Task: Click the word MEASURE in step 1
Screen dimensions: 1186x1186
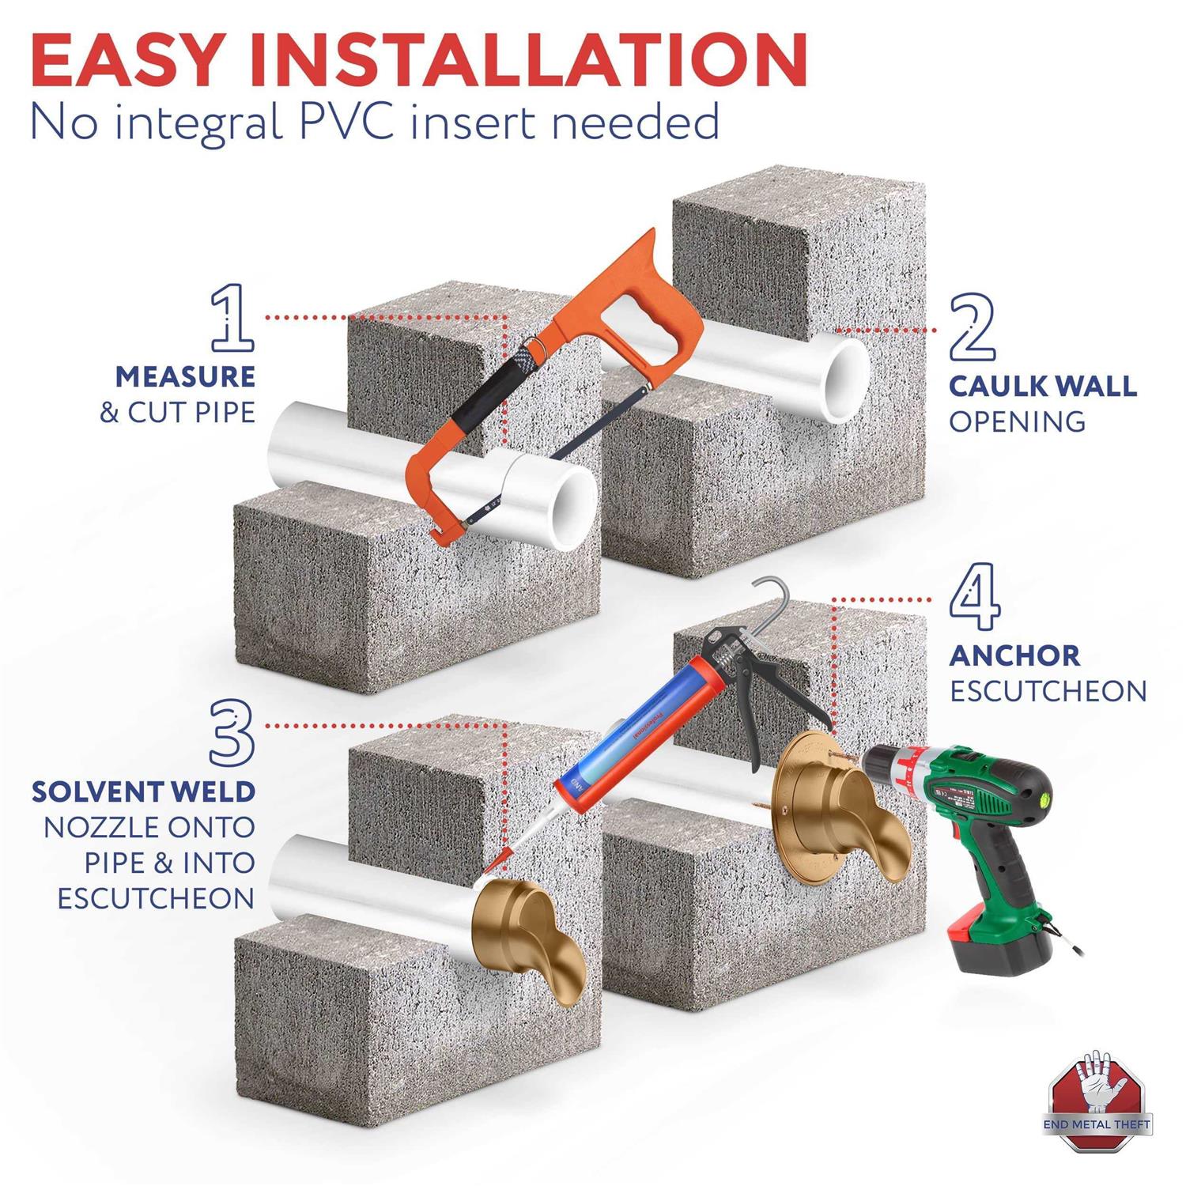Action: click(x=185, y=377)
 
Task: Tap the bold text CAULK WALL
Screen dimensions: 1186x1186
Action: click(x=1042, y=387)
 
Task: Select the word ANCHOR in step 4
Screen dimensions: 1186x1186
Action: click(x=1014, y=655)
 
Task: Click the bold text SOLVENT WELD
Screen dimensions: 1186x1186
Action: click(x=143, y=791)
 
